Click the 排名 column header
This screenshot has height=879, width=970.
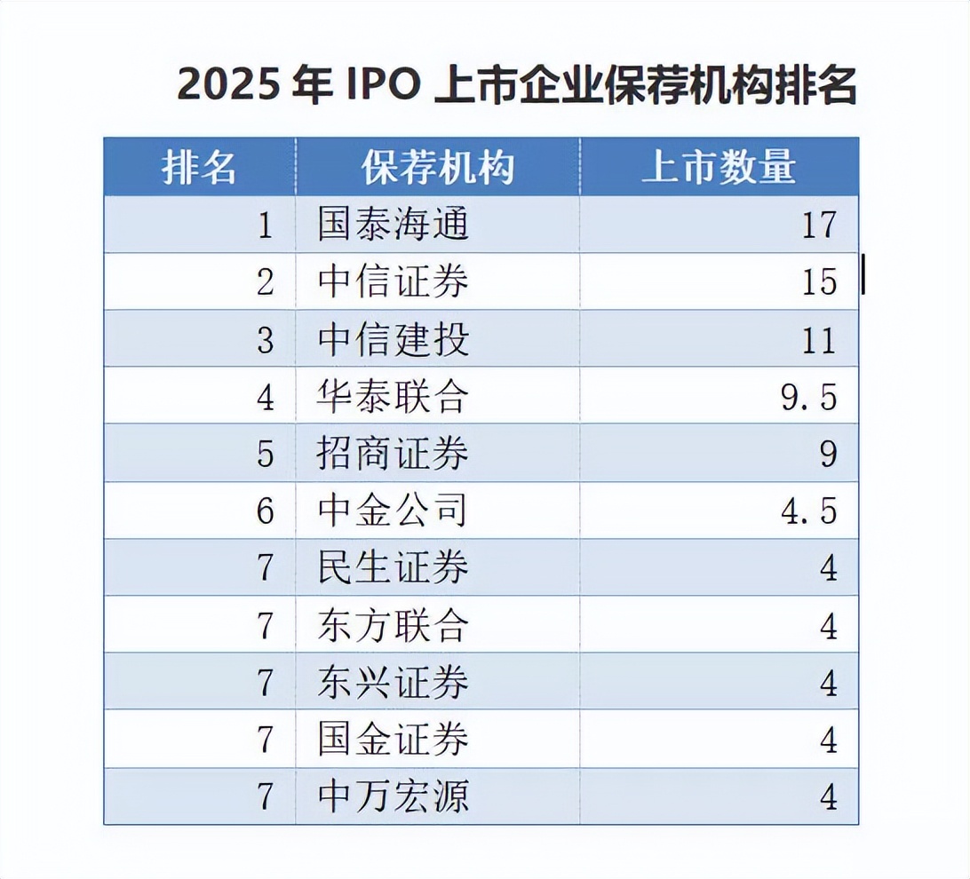click(x=199, y=167)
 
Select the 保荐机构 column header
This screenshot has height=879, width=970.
click(x=437, y=167)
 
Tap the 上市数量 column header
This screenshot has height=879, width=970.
click(x=719, y=167)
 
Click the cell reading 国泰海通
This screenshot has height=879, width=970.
click(x=393, y=225)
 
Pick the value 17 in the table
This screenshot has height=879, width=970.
click(x=819, y=225)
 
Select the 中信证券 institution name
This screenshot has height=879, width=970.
click(x=393, y=281)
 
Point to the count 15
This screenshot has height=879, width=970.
click(x=819, y=281)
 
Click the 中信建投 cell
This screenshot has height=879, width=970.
click(x=393, y=339)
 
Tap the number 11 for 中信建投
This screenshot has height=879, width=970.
click(x=819, y=339)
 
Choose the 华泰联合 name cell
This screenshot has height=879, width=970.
click(x=393, y=396)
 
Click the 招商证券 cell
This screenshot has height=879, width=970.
click(x=393, y=454)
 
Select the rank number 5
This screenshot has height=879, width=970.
click(x=266, y=454)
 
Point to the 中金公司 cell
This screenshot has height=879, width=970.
click(x=393, y=511)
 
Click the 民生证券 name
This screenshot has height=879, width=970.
click(x=393, y=567)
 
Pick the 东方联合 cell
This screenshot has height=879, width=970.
click(x=393, y=625)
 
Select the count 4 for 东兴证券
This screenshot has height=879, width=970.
click(x=828, y=682)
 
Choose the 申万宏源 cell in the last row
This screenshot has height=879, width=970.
click(x=393, y=796)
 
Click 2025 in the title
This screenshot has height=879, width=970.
click(x=228, y=87)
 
